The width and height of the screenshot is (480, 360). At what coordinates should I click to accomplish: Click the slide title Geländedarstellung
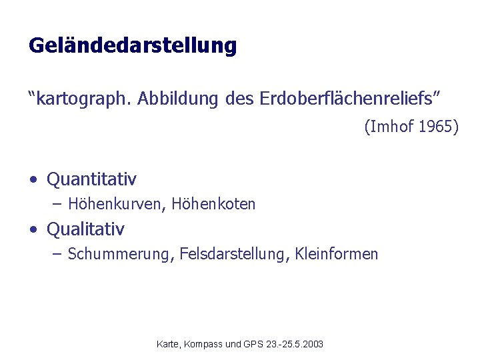[x=133, y=46]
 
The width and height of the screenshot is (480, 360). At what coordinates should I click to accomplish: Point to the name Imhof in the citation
[x=391, y=127]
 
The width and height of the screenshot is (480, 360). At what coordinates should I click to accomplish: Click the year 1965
[x=437, y=127]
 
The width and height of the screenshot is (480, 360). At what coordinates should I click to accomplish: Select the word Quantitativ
[x=92, y=179]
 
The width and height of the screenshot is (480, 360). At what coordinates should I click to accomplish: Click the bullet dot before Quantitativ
[x=33, y=180]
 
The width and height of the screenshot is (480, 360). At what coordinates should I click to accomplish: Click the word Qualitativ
[x=85, y=229]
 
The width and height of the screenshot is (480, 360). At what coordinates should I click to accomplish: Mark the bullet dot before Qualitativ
[x=33, y=230]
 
